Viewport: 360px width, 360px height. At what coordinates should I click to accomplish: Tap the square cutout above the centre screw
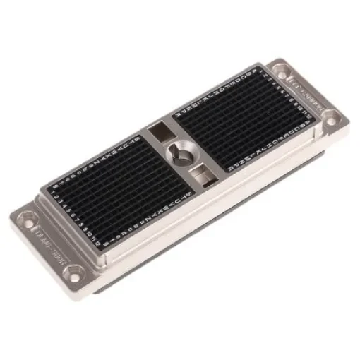(x=160, y=131)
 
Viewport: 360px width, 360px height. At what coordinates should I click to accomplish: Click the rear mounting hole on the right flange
(x=281, y=69)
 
